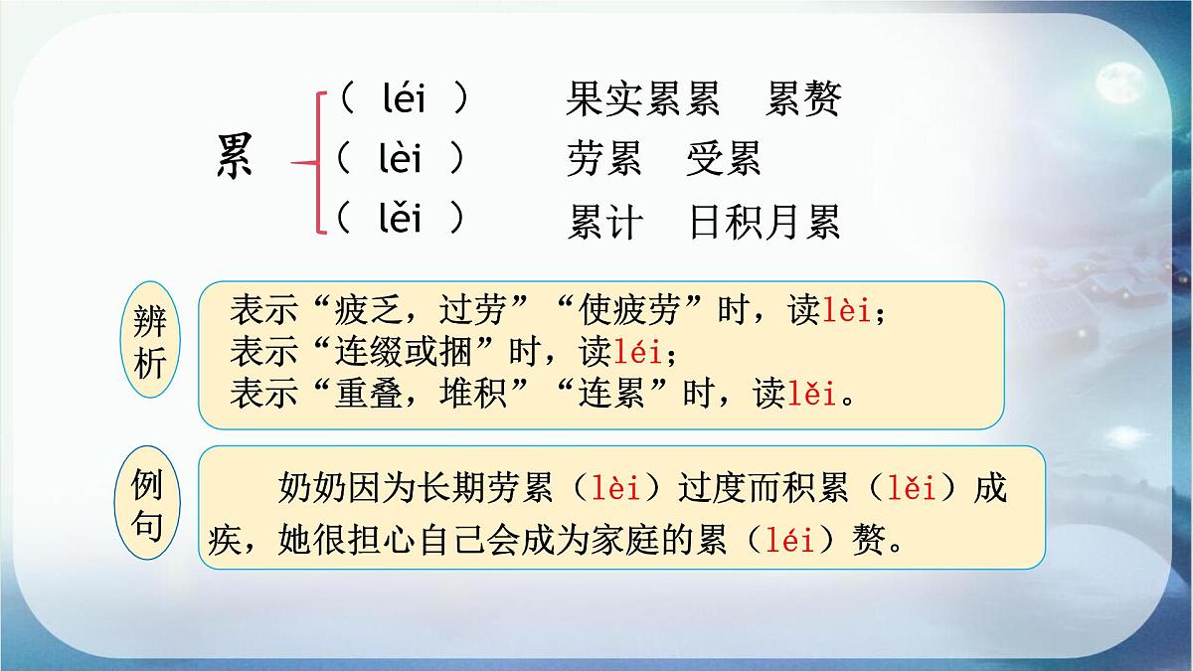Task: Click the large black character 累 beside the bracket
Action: (x=235, y=158)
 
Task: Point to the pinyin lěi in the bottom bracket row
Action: (x=401, y=218)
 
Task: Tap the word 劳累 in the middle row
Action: (x=604, y=159)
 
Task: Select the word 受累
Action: (x=723, y=159)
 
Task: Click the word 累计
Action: (x=604, y=222)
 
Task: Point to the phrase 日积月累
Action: (x=765, y=222)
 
